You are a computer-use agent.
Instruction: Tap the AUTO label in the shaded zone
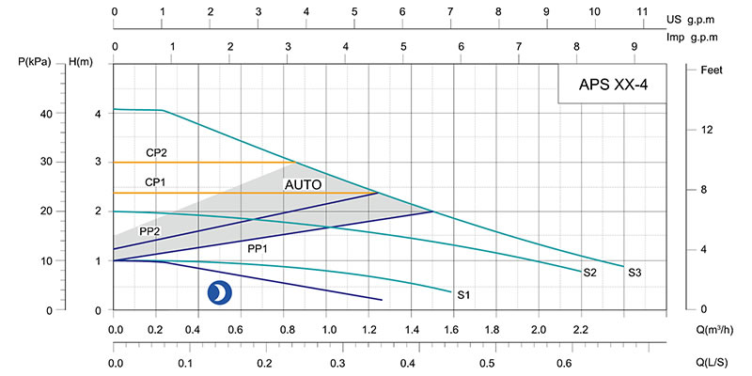304,185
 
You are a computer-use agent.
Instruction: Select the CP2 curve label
156,151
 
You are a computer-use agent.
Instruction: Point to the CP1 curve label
156,181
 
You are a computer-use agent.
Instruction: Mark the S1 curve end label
463,295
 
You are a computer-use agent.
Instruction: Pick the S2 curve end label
590,274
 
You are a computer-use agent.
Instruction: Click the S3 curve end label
635,273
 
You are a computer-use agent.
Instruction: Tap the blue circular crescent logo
218,292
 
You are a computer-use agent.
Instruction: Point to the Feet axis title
712,70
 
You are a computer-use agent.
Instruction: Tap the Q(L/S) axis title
714,363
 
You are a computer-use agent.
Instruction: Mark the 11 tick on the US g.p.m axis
643,12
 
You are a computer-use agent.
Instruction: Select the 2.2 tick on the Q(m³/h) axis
580,331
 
